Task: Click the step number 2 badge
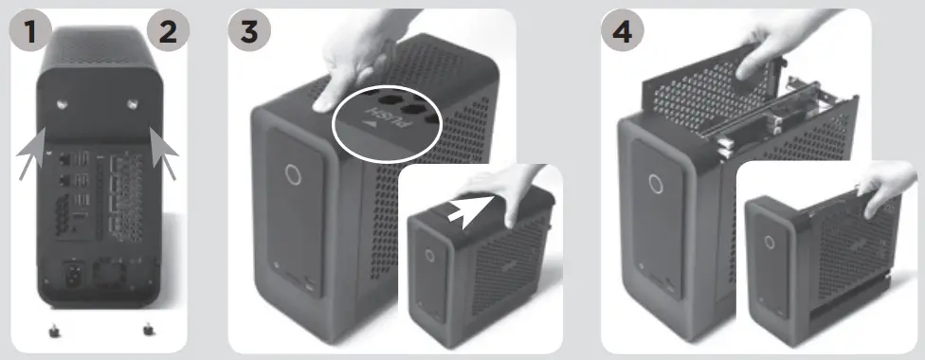click(167, 31)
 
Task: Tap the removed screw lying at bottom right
click(148, 329)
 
